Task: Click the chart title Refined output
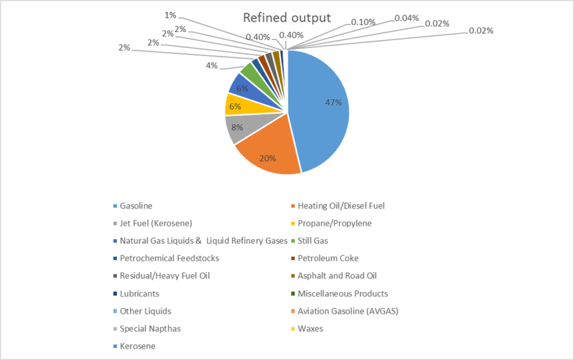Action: [286, 17]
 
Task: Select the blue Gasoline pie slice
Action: [320, 112]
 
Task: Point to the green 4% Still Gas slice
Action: [248, 70]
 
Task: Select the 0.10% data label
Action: [363, 21]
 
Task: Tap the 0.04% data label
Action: [406, 18]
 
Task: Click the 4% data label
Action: [211, 66]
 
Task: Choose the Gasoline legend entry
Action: [136, 206]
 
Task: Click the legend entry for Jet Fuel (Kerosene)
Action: [156, 223]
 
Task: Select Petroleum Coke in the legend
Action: [328, 259]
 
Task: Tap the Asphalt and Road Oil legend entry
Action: [337, 276]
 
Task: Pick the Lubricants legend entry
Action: [139, 293]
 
